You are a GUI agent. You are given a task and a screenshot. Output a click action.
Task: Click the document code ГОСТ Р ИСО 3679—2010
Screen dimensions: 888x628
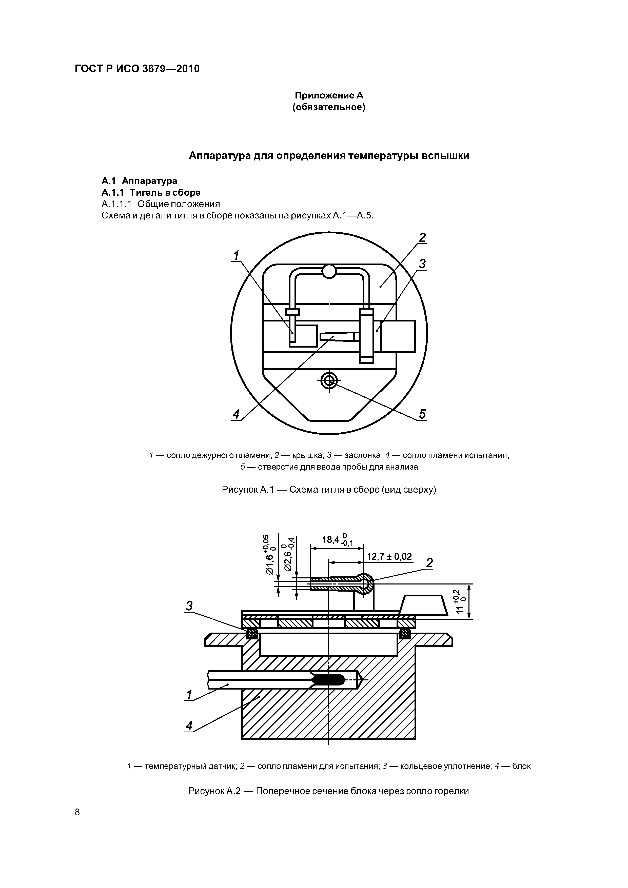pos(137,69)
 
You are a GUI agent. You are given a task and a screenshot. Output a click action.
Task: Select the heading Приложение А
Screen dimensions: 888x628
pos(329,95)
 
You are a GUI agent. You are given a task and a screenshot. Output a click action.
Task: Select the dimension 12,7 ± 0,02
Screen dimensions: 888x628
pos(389,557)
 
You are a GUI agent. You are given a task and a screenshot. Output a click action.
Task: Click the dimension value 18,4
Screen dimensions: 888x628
pos(331,539)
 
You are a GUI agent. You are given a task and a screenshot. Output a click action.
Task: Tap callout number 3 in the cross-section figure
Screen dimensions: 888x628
pos(189,606)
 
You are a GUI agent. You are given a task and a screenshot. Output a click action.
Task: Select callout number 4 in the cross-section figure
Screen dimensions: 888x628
pos(189,726)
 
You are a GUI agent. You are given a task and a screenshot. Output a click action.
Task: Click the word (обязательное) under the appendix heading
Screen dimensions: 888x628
pos(329,107)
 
